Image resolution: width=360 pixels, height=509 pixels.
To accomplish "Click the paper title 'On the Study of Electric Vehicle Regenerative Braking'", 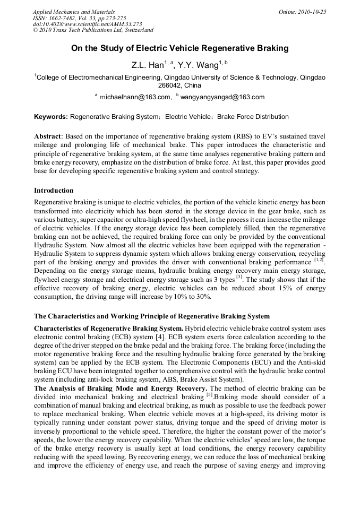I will (x=180, y=48).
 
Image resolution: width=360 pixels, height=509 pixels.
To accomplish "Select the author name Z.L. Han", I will (x=147, y=65).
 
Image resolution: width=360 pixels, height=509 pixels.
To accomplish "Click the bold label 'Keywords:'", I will (x=51, y=117).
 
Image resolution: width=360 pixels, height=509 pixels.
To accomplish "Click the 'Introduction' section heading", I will (x=54, y=190).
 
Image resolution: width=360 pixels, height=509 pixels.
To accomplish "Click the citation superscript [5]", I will (x=210, y=395).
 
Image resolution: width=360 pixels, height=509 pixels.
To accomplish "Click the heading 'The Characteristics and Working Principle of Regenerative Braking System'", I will (x=151, y=316).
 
